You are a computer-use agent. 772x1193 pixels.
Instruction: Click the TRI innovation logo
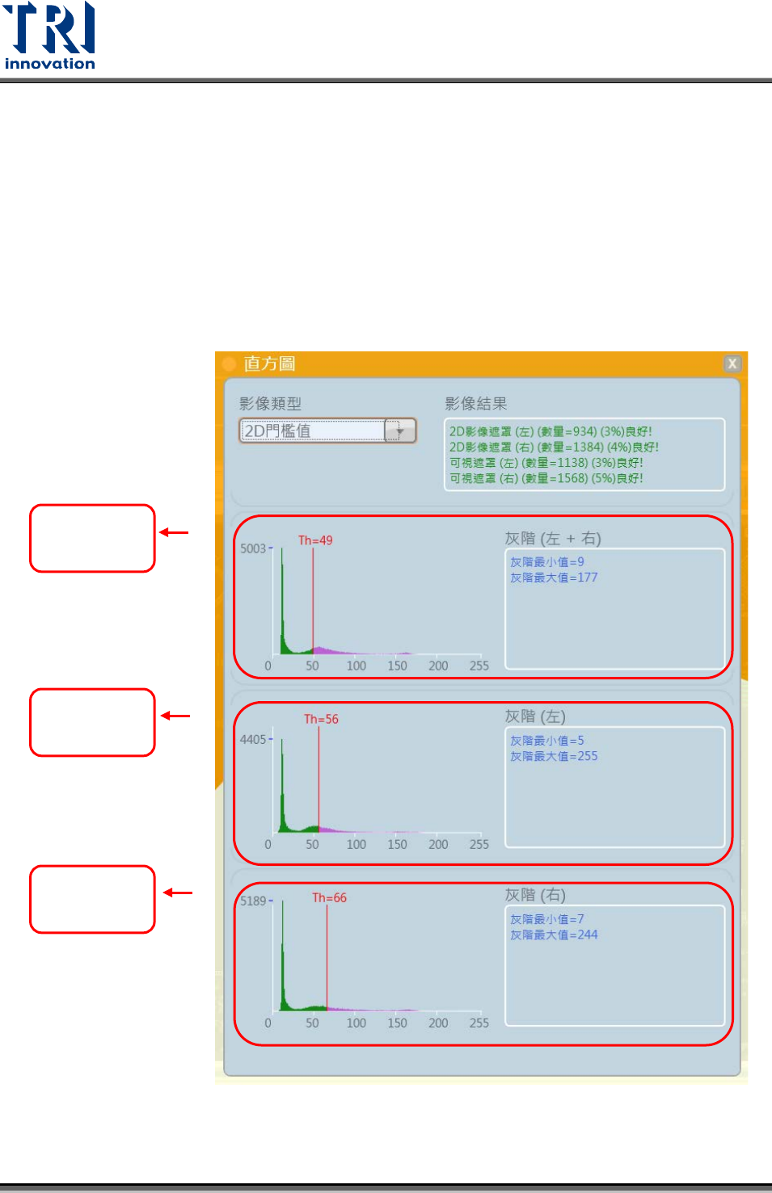(49, 36)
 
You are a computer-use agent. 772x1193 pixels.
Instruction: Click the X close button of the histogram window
(732, 363)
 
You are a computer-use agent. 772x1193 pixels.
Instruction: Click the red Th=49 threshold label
(315, 540)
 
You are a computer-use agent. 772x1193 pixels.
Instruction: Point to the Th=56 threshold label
(321, 719)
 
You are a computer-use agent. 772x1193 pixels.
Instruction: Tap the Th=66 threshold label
(329, 897)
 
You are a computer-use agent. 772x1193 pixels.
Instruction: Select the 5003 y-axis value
(253, 548)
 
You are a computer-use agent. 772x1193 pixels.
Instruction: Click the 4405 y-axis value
(253, 739)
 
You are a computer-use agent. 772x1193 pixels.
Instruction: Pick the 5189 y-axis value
(253, 901)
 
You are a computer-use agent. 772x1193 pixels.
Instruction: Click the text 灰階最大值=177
(554, 578)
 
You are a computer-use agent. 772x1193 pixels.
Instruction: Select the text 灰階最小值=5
(546, 741)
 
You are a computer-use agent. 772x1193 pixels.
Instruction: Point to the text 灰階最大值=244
(554, 935)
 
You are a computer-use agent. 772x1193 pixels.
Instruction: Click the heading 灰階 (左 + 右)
(553, 539)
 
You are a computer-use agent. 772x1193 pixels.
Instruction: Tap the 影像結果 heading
(475, 404)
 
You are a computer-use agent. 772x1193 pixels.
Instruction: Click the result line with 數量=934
(551, 431)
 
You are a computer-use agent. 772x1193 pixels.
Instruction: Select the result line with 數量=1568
(546, 478)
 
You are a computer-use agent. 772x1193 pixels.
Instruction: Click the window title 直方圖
(269, 363)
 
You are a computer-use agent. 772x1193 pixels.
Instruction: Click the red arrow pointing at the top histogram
(174, 532)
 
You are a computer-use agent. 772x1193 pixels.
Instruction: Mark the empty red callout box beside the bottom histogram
(92, 899)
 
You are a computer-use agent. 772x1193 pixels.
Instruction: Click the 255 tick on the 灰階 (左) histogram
(479, 844)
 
